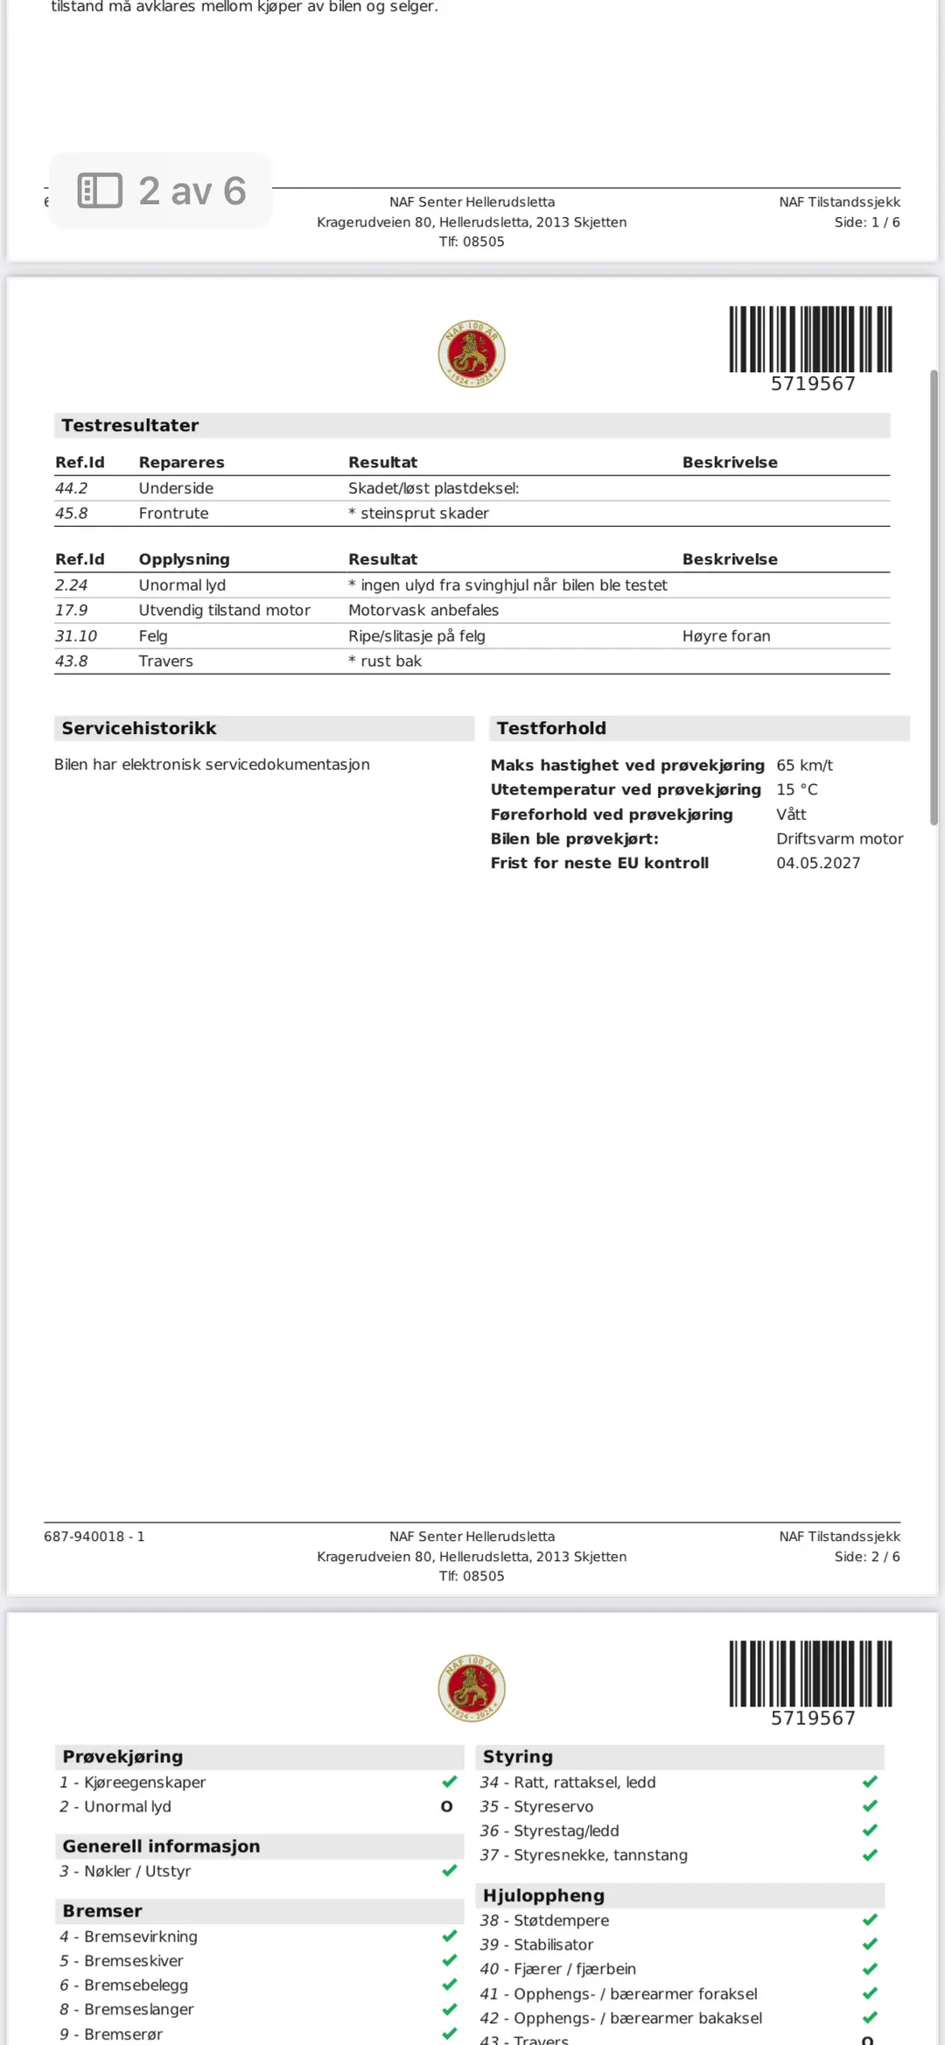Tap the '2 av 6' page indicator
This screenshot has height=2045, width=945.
tap(162, 191)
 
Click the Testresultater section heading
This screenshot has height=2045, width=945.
tap(129, 425)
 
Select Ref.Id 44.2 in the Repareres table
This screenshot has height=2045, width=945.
tap(72, 488)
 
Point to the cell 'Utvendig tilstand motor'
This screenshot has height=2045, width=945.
tap(224, 610)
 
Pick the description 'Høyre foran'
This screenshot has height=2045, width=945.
tap(725, 636)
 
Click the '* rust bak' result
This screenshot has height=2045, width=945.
tap(385, 662)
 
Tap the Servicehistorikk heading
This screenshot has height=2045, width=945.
tap(138, 728)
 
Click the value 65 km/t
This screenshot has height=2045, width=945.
tap(804, 765)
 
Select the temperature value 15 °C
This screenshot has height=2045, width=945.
tap(796, 789)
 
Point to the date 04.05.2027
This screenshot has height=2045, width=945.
tap(818, 863)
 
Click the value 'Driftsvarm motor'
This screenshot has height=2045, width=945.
tap(839, 838)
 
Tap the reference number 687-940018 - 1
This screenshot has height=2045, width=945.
tap(94, 1537)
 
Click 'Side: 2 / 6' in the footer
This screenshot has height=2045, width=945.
tap(866, 1557)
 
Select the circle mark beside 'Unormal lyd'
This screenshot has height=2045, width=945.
tap(446, 1806)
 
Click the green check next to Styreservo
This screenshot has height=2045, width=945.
tap(870, 1806)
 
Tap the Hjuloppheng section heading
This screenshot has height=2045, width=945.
tap(543, 1895)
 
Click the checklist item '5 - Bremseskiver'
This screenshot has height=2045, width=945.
tap(122, 1961)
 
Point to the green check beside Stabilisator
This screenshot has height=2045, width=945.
tap(870, 1944)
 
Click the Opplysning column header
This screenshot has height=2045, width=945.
tap(184, 559)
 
